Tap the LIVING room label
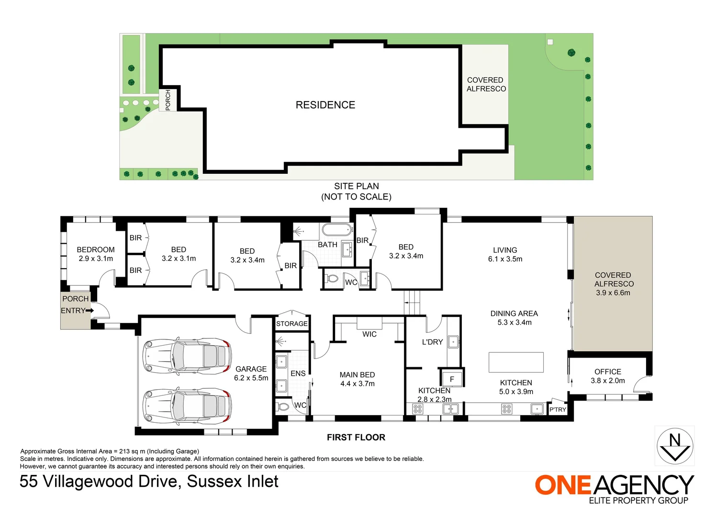pyautogui.click(x=505, y=250)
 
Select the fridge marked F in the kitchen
pyautogui.click(x=451, y=379)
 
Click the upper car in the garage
pyautogui.click(x=187, y=357)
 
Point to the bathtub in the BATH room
pyautogui.click(x=337, y=230)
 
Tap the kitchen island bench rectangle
pyautogui.click(x=516, y=362)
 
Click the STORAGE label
pyautogui.click(x=291, y=324)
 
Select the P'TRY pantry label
pyautogui.click(x=558, y=409)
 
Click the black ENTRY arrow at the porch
pyautogui.click(x=89, y=311)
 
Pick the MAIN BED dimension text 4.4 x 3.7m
pyautogui.click(x=357, y=383)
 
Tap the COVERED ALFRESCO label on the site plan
pyautogui.click(x=486, y=84)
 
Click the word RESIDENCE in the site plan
pyautogui.click(x=325, y=105)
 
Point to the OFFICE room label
pyautogui.click(x=607, y=371)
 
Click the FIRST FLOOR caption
pyautogui.click(x=356, y=437)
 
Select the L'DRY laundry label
pyautogui.click(x=432, y=342)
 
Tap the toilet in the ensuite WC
pyautogui.click(x=283, y=407)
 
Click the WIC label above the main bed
pyautogui.click(x=369, y=334)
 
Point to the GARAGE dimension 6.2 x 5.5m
pyautogui.click(x=251, y=378)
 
